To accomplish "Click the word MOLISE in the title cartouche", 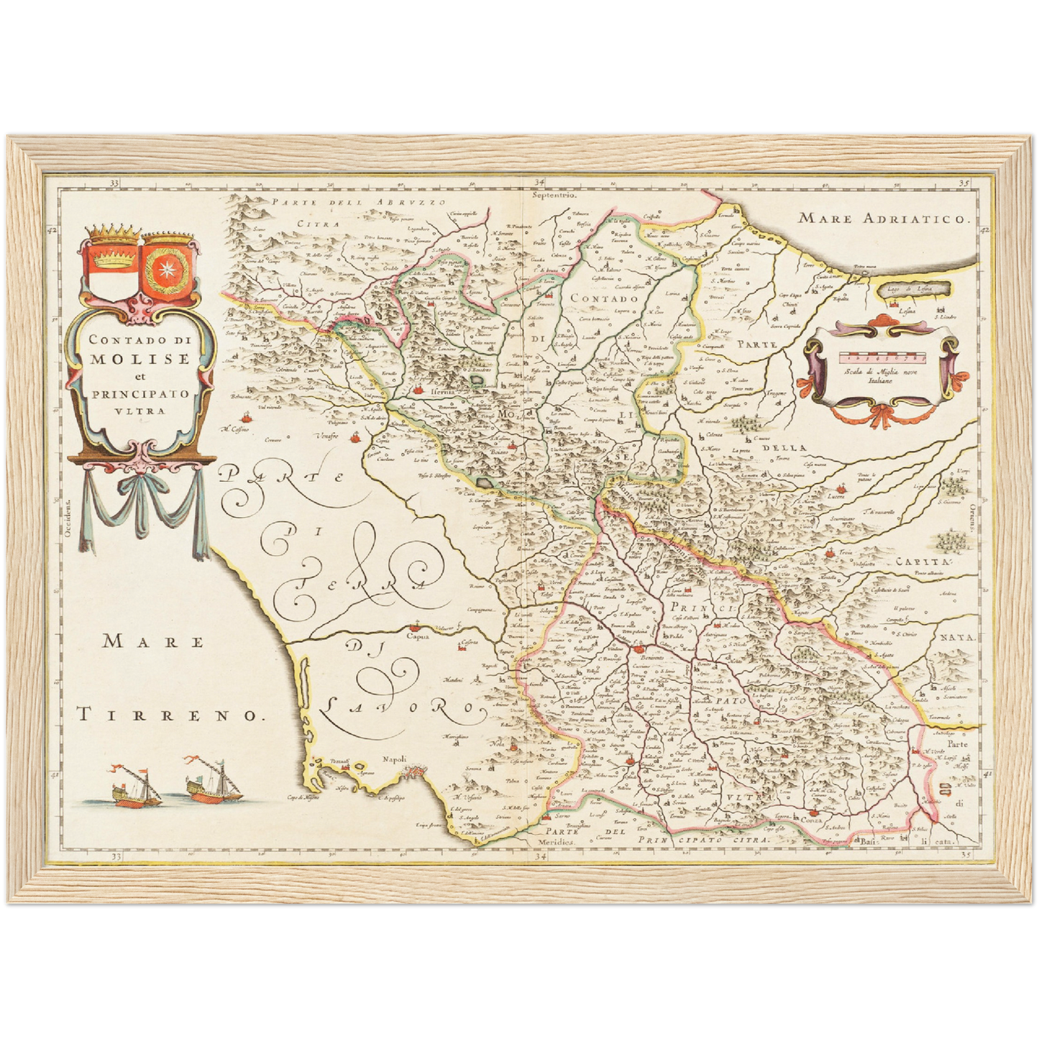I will [x=140, y=358].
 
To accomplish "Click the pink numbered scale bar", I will [x=884, y=355].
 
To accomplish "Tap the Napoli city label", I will [x=395, y=759].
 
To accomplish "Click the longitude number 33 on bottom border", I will [x=115, y=856].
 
